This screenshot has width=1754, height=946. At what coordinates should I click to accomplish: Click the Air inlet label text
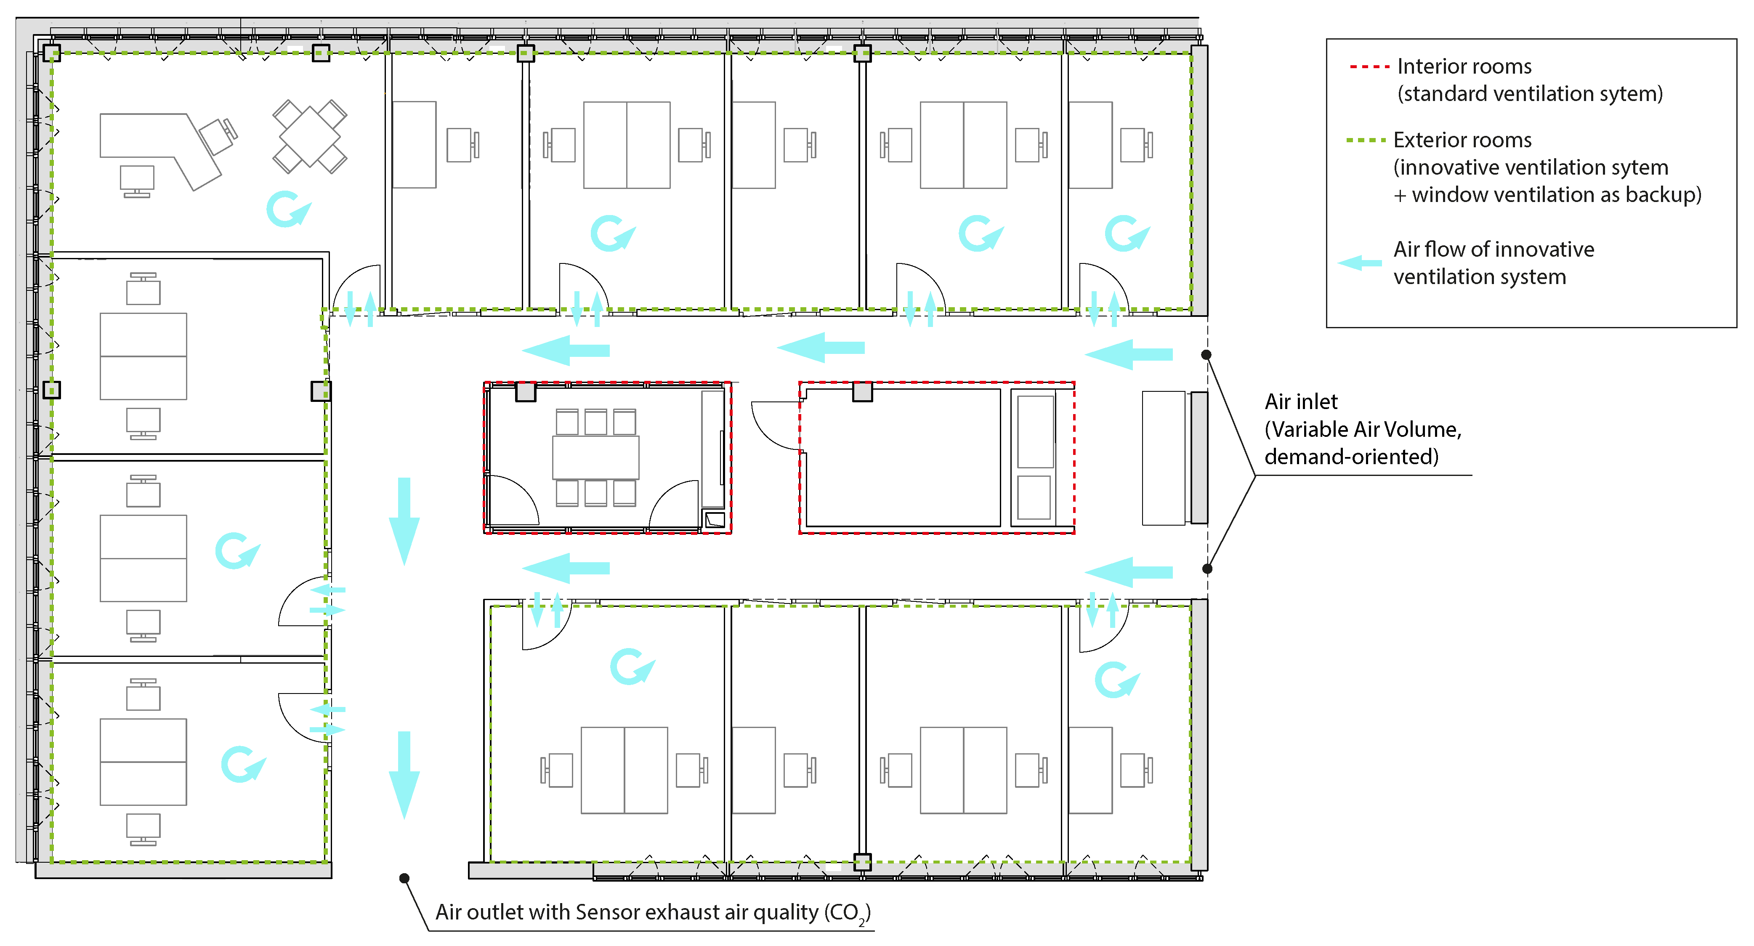click(x=1300, y=402)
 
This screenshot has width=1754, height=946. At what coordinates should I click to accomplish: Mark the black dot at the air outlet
click(x=404, y=878)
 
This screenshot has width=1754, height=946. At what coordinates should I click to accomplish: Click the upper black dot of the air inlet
click(x=1206, y=354)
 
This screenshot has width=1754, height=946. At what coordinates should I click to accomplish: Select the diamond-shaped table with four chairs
click(x=310, y=136)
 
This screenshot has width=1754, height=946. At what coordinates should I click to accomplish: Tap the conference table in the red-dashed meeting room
click(x=596, y=458)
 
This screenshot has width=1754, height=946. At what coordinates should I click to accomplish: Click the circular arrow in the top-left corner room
click(x=288, y=209)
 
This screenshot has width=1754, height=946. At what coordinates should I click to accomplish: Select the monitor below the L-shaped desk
click(x=137, y=181)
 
